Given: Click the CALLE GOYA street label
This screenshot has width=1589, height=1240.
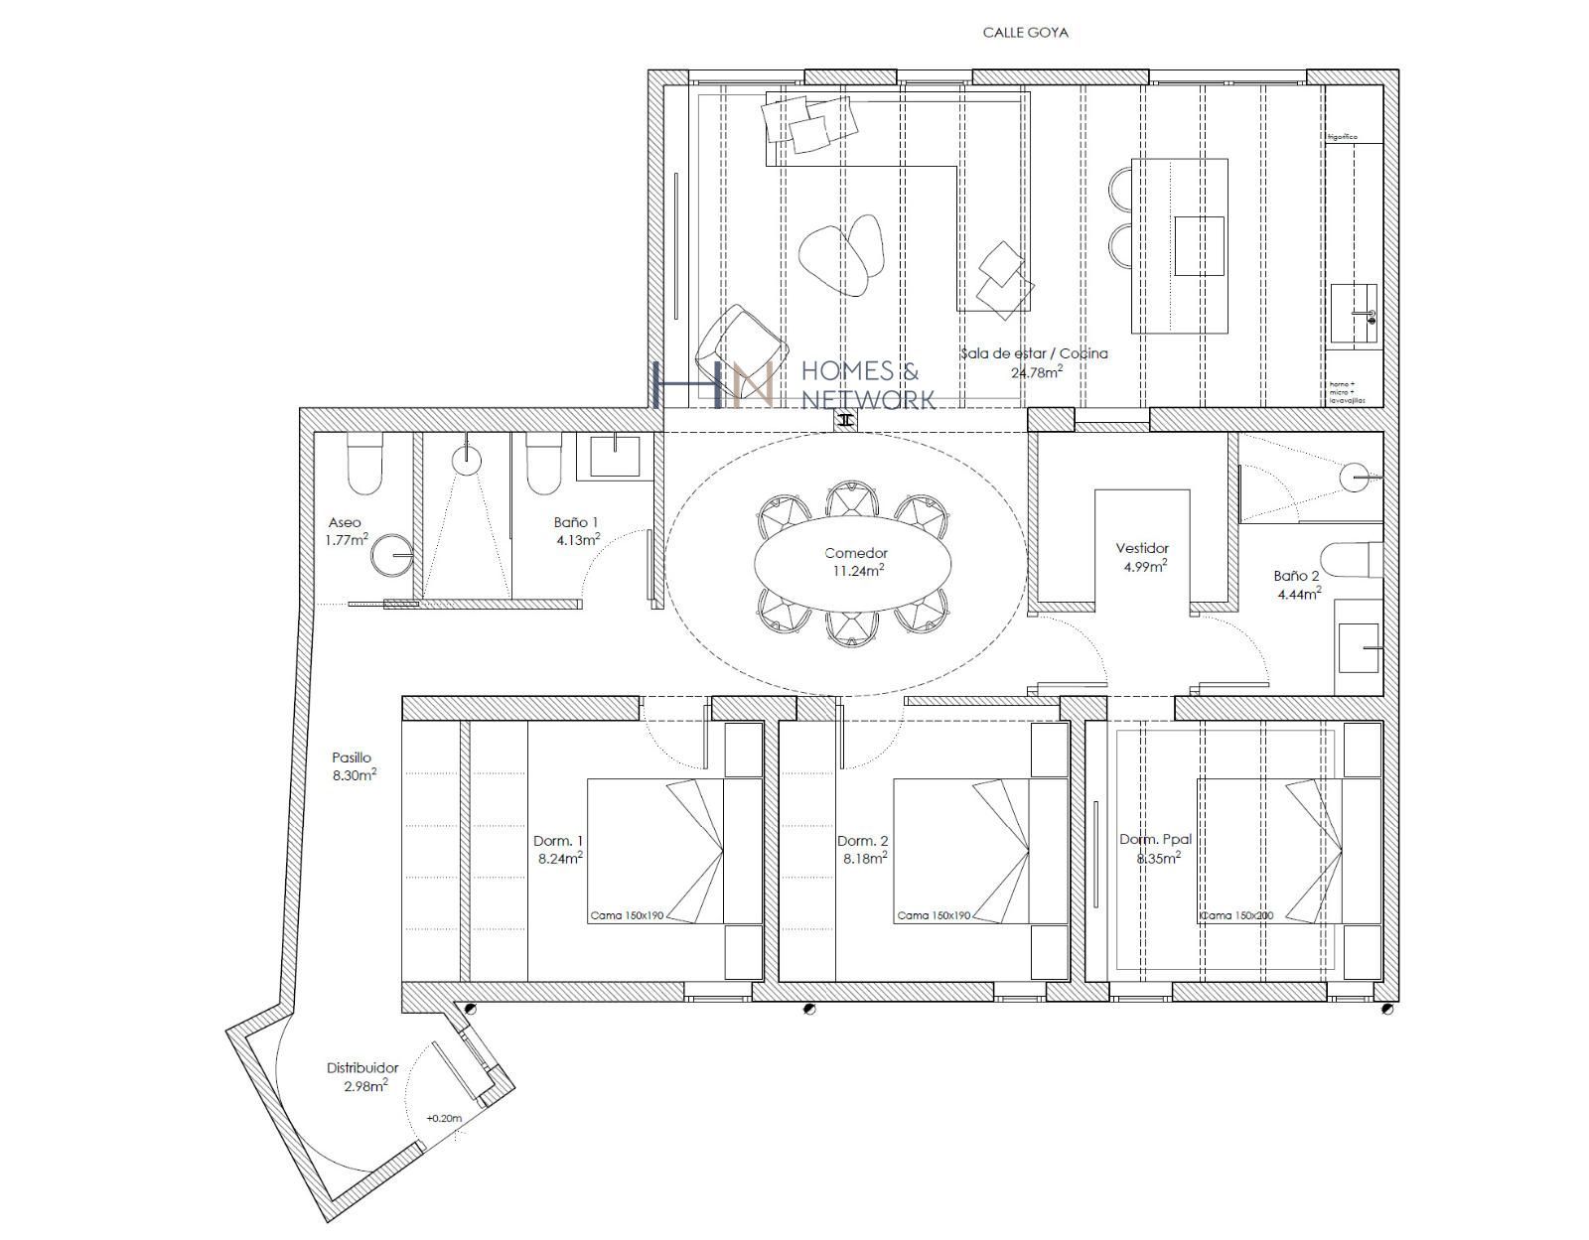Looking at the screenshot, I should [1025, 33].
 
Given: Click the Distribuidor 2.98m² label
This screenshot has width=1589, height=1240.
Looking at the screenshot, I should [362, 1076].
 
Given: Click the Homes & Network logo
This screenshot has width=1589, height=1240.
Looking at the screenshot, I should [794, 385].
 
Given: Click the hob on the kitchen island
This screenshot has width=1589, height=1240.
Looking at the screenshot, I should [1199, 245].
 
